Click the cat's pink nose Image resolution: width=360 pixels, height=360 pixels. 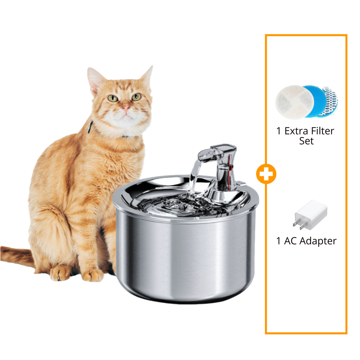tap(126, 107)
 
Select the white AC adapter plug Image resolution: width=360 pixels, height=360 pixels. tap(310, 215)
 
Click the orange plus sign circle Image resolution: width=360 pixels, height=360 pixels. tap(266, 174)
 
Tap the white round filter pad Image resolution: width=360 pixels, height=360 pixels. tap(295, 102)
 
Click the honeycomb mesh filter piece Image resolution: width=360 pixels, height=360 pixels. tap(329, 101)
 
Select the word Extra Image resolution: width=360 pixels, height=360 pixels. tap(296, 131)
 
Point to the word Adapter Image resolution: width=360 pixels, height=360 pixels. tap(318, 241)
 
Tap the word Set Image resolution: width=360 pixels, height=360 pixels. tap(306, 141)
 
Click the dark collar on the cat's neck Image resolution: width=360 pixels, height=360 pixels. tap(90, 127)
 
